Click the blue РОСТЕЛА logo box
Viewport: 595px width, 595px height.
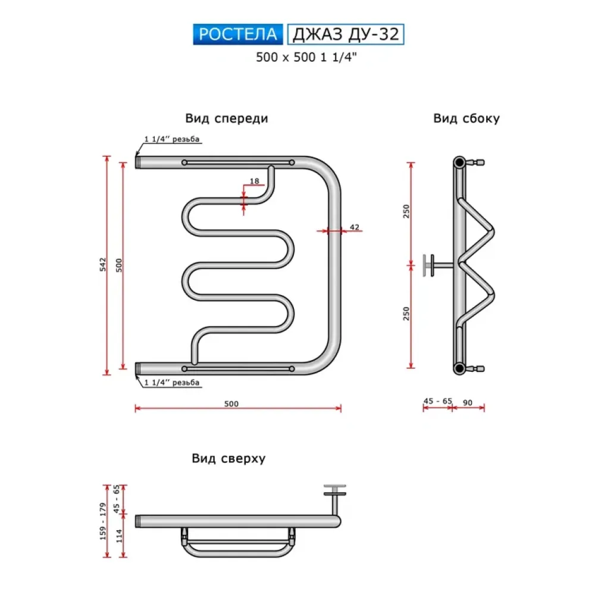(237, 34)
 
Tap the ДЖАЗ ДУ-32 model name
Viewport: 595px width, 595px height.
(345, 34)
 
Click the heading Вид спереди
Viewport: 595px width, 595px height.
(226, 118)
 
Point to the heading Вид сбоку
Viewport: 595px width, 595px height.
(466, 118)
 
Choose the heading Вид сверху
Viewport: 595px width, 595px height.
(228, 459)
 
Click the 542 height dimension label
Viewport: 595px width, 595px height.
(103, 265)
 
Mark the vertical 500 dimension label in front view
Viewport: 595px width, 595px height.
(119, 265)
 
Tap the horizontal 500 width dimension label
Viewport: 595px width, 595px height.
(231, 403)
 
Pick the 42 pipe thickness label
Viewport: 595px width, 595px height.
(355, 227)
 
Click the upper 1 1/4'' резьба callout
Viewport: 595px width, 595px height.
(172, 140)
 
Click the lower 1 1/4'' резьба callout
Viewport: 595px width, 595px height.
(172, 382)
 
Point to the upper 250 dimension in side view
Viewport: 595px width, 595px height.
(406, 212)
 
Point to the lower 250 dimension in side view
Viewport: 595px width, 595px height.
(406, 314)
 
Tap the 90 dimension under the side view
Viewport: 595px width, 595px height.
(468, 403)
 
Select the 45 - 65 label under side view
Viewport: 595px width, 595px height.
(437, 402)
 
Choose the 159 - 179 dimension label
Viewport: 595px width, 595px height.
(103, 521)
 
